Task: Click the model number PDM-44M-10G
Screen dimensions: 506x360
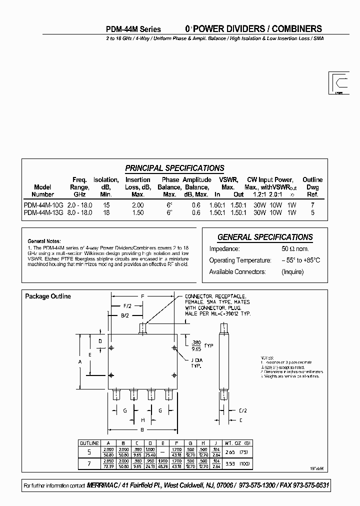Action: pos(42,205)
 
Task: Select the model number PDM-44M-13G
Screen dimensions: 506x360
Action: pos(42,212)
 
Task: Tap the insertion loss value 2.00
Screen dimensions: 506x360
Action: pos(137,205)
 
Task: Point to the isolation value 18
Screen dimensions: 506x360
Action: pos(105,212)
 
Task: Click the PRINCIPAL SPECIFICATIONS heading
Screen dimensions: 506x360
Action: pos(174,168)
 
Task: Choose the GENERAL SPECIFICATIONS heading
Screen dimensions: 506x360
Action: pos(265,237)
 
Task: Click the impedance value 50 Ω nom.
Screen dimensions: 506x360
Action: pos(295,249)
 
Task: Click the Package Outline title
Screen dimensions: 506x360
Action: pos(48,296)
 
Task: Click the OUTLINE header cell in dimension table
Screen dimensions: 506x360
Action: pos(89,443)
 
